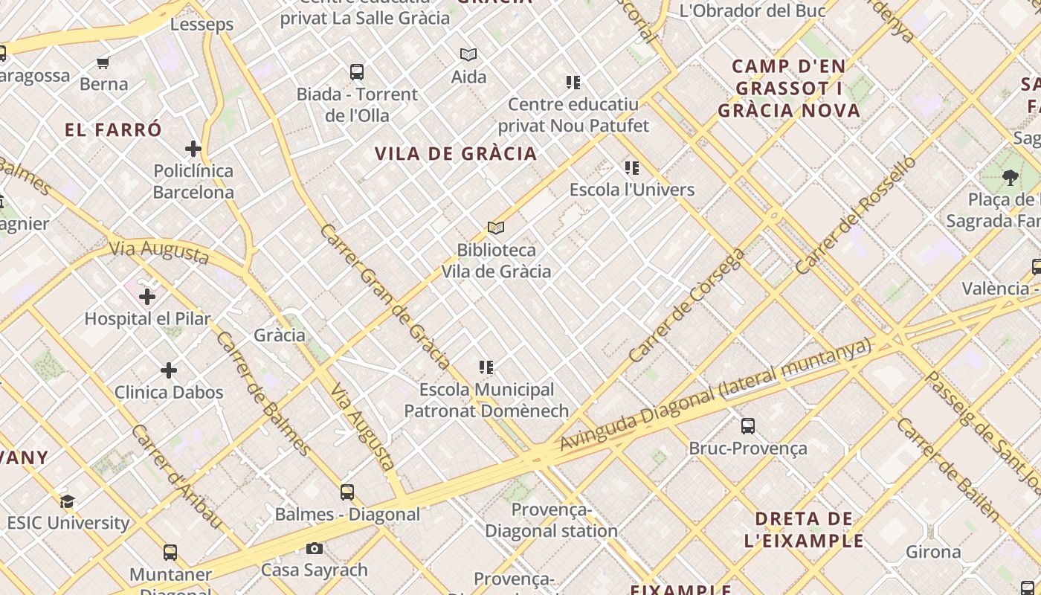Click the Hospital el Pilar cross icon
click(147, 297)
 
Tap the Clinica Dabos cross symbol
click(169, 370)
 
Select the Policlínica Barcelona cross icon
click(193, 149)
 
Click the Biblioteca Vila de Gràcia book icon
click(496, 228)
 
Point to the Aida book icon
click(468, 54)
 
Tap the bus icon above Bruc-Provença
click(748, 426)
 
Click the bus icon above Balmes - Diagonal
click(347, 492)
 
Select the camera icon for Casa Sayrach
click(315, 548)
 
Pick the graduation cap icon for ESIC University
click(68, 501)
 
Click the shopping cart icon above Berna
click(103, 62)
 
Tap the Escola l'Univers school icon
click(632, 168)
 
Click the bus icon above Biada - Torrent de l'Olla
click(357, 72)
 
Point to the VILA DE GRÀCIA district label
click(455, 154)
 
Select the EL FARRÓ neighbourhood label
click(113, 130)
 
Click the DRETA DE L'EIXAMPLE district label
click(804, 530)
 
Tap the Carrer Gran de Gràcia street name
click(384, 296)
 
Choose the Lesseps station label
click(202, 25)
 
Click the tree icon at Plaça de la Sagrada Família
click(1010, 177)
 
